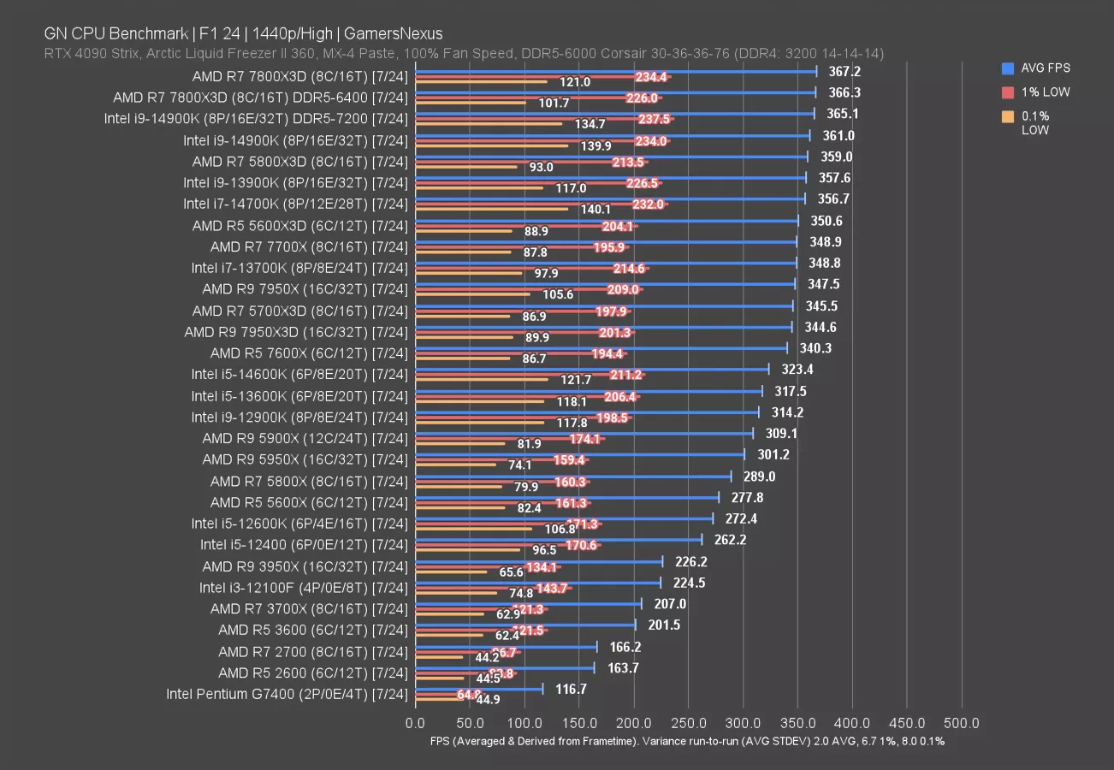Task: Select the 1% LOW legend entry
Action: click(x=1046, y=92)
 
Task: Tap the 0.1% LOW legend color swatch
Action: click(x=1007, y=115)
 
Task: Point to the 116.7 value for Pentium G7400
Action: click(x=571, y=689)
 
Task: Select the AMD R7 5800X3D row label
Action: click(x=299, y=161)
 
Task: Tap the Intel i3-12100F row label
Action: click(x=303, y=588)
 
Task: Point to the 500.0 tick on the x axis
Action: click(x=962, y=724)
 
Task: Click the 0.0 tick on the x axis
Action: click(x=416, y=724)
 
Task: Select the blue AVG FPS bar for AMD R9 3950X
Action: click(x=539, y=561)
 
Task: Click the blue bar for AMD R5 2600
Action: click(x=505, y=667)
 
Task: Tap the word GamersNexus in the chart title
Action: click(x=401, y=34)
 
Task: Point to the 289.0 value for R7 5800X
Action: click(x=760, y=477)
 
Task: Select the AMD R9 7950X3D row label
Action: click(x=296, y=332)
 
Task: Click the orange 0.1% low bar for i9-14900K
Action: click(x=492, y=145)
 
